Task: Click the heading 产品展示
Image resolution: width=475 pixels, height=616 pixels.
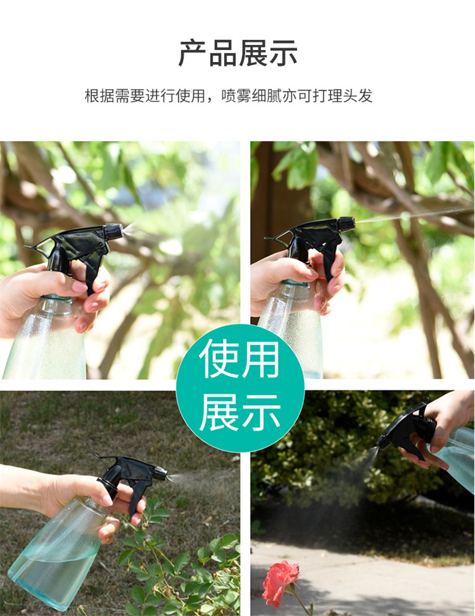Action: pos(237,53)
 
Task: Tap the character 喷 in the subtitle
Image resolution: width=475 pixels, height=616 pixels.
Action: pos(229,96)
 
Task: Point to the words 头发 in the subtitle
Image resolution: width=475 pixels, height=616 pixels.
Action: pos(358,96)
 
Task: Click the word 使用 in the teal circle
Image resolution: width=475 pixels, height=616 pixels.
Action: pos(240,358)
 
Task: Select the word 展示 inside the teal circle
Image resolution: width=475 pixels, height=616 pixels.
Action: pos(240,413)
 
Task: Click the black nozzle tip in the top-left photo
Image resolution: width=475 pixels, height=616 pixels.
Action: pos(114,232)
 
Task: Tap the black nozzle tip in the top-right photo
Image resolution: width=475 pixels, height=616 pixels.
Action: pos(347,224)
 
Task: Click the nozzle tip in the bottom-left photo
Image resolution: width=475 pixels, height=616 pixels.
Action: pos(161,473)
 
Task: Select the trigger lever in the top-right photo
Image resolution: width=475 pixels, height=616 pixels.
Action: pos(331,255)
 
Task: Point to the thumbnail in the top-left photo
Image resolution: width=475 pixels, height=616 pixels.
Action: pos(80,287)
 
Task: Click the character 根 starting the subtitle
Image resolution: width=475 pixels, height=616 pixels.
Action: pos(92,96)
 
